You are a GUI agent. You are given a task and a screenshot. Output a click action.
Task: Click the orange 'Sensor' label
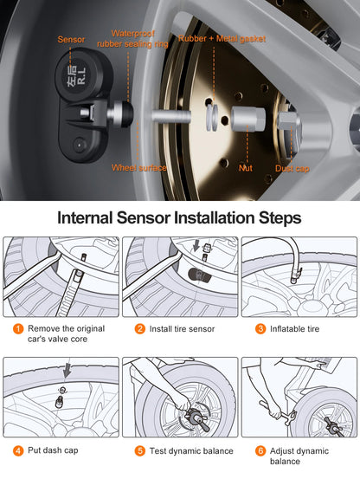72,39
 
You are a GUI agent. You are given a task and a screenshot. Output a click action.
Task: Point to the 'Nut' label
246,167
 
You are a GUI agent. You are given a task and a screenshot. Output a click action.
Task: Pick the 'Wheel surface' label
140,167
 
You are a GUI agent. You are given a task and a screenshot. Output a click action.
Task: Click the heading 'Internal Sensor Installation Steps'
179,217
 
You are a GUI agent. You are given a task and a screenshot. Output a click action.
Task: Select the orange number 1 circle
18,329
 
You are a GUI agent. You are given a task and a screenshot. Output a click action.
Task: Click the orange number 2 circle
139,329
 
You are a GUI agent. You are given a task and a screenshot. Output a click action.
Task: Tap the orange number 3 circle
260,329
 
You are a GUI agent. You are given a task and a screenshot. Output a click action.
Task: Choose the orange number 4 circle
18,450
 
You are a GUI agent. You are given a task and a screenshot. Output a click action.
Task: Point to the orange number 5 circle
139,450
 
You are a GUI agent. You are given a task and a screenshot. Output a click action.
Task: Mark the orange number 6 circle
260,450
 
